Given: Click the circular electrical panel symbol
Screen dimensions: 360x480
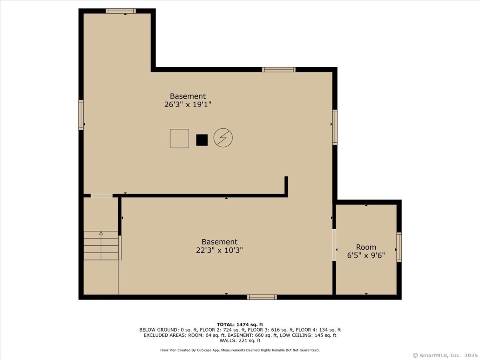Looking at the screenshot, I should (223, 138).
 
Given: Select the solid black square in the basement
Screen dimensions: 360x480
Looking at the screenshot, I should (202, 140).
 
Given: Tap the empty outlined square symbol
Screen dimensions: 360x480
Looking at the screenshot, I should (179, 138).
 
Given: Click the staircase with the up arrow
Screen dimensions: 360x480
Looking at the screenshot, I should (101, 246).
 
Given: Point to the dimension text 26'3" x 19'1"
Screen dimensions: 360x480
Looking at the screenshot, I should (188, 105).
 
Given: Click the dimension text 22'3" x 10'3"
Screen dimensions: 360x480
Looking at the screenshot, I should (219, 250).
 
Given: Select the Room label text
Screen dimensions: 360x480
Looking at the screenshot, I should (366, 247).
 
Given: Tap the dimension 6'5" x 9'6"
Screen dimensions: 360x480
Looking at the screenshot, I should (366, 256).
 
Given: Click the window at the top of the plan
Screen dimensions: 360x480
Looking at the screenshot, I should (120, 11).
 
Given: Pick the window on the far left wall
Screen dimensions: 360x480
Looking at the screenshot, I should (81, 115).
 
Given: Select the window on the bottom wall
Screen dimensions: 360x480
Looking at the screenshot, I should (262, 297).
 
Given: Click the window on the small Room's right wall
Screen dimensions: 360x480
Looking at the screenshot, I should (399, 247).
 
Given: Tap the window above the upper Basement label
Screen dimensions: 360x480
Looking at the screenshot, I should (279, 70).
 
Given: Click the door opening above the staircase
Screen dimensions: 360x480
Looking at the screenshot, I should (102, 196).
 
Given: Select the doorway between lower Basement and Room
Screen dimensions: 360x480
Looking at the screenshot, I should (334, 245).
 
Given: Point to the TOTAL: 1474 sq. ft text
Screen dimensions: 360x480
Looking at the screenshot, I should (240, 324).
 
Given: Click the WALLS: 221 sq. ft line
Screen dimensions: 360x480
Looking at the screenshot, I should (240, 341).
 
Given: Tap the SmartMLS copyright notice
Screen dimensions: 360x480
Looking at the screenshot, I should (445, 355).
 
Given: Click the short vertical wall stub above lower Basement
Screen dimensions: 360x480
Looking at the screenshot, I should (286, 186).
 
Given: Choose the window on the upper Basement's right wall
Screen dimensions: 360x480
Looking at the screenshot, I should (335, 127).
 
